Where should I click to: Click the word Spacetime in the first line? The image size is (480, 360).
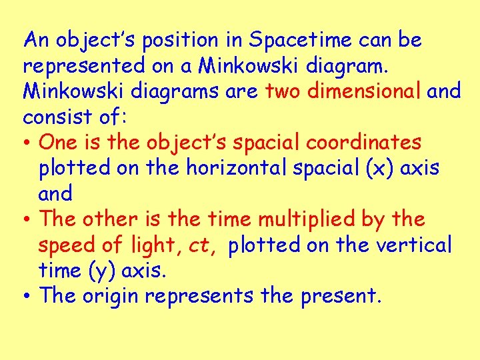301,41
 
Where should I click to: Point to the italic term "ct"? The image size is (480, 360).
199,246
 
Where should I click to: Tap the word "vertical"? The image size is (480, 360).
413,246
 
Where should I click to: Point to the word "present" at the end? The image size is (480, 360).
340,297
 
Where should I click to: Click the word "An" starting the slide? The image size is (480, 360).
36,41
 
